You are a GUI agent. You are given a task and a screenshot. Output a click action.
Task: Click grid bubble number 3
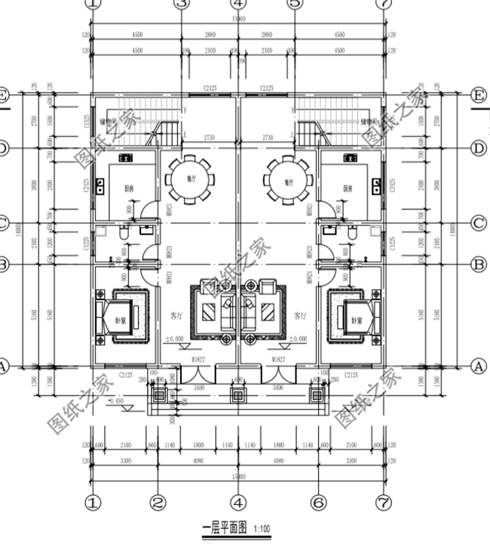181,4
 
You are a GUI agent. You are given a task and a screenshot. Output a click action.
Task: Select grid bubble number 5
295,4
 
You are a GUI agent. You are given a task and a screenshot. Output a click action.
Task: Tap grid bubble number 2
157,502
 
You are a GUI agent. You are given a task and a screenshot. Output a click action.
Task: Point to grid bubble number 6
318,502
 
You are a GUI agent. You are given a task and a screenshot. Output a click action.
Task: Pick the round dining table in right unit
286,180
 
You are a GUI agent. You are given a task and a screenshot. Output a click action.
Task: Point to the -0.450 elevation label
116,401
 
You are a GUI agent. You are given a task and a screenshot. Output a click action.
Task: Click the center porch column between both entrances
238,395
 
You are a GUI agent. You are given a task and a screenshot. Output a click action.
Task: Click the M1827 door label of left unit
198,361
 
